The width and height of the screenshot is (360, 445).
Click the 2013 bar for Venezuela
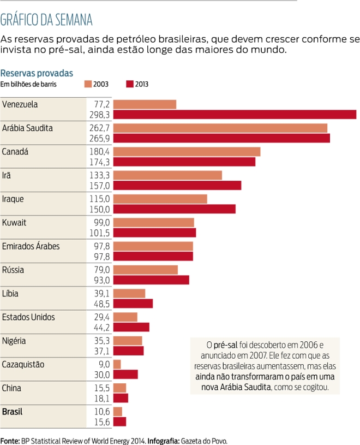pos(235,115)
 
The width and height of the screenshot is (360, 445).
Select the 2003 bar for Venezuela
pos(145,104)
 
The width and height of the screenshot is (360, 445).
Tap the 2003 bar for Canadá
pos(187,151)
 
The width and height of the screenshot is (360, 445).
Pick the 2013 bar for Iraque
pos(175,209)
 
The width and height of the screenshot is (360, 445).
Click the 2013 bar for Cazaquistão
pos(125,375)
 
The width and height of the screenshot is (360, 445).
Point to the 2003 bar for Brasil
pos(118,411)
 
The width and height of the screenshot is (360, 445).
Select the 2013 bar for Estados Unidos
pos(131,327)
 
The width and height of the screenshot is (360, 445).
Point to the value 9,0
pos(104,364)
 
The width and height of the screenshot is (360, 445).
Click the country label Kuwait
pos(15,222)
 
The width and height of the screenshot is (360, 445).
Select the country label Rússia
pos(14,270)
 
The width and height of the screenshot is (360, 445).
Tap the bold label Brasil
pos(13,411)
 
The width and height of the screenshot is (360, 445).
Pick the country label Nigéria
pos(15,341)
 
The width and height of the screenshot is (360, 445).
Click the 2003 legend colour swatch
pos(88,84)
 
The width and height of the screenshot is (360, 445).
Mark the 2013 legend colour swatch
pos(130,84)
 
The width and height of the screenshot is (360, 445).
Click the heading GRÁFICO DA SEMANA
pos(46,20)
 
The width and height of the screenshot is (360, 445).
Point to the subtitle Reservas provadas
pos(37,73)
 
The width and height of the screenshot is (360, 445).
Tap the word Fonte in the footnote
pos(10,440)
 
